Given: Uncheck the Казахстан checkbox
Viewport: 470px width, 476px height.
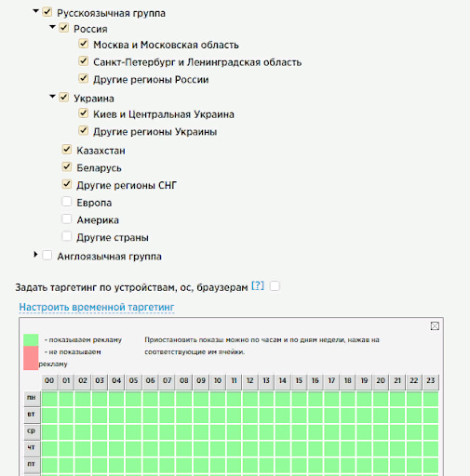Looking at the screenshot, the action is (x=67, y=150).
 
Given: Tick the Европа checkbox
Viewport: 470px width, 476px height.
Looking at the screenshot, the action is (x=67, y=202).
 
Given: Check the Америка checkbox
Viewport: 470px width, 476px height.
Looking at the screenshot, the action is (x=67, y=219).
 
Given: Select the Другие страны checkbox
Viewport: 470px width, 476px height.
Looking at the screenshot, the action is (x=67, y=236).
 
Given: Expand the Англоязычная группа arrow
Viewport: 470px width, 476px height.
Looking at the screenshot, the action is (x=35, y=255).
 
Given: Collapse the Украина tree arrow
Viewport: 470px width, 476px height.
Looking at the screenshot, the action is (x=52, y=97).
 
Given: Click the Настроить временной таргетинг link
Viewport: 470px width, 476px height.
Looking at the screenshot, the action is (x=97, y=307).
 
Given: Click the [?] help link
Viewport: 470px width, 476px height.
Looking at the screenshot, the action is (x=258, y=285).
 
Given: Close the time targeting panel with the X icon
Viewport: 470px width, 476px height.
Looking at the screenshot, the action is (x=435, y=326).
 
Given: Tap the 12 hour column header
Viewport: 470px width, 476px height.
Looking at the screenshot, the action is (x=250, y=381).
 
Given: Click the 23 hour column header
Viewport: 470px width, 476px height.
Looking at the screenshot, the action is (x=431, y=381).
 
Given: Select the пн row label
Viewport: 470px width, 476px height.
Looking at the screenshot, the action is (x=32, y=399).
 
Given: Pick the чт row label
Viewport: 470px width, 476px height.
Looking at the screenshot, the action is (x=32, y=448).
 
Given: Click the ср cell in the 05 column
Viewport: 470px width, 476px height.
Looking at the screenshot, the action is (x=133, y=432).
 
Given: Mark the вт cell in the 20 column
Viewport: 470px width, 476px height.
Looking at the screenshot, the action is (x=381, y=416).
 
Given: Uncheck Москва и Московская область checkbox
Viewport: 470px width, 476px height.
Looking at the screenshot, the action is (x=84, y=44).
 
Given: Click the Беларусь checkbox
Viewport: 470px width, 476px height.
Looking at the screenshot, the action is (x=67, y=167).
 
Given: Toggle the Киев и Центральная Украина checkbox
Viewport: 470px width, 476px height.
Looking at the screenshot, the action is (x=84, y=113).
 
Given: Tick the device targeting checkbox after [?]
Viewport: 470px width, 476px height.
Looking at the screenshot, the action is (x=275, y=285).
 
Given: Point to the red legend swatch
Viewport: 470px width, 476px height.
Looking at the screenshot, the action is (x=31, y=358).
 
